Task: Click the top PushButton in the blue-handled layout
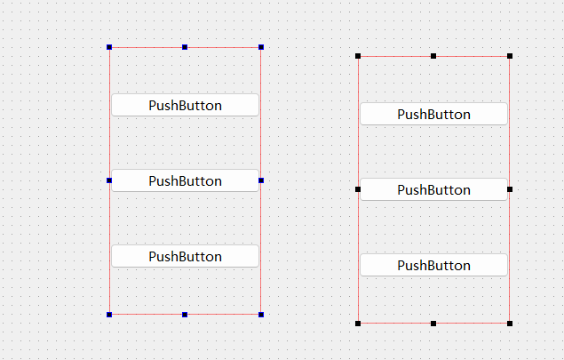[185, 105]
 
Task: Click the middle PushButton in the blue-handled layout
[185, 180]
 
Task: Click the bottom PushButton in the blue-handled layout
[185, 256]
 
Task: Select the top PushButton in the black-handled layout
[433, 114]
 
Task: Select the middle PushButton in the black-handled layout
[433, 189]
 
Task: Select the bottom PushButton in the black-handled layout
[433, 265]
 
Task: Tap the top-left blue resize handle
[109, 47]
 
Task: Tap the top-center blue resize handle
[185, 47]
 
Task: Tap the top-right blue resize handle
[261, 47]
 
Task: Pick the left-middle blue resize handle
[109, 180]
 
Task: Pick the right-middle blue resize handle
[261, 180]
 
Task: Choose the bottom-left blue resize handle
[109, 314]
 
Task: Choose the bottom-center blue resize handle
[185, 314]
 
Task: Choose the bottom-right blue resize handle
[261, 314]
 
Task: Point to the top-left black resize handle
[358, 56]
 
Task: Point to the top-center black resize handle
[433, 56]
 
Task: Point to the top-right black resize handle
[510, 56]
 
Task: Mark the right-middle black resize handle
[510, 189]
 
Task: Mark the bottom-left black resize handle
[358, 323]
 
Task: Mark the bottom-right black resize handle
[510, 323]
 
